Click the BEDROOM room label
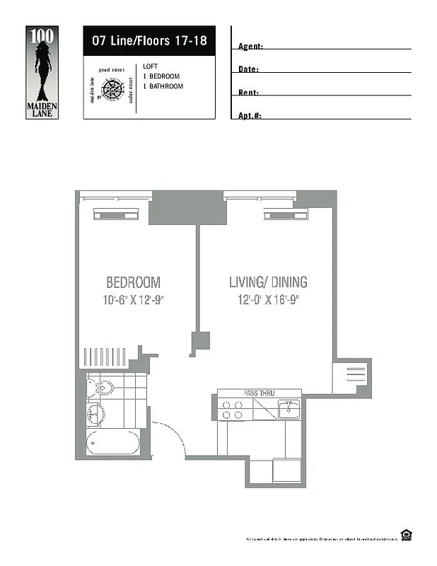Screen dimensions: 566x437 point(133,282)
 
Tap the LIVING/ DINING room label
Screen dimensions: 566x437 point(268,282)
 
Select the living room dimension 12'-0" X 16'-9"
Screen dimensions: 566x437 point(268,300)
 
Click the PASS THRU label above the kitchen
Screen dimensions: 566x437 point(259,393)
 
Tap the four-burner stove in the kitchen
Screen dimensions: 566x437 point(233,410)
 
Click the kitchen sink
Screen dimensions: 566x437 point(289,409)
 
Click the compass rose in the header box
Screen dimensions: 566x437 point(112,90)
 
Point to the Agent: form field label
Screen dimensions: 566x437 point(250,46)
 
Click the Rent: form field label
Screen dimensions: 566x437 point(248,93)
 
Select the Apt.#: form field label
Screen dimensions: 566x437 point(250,115)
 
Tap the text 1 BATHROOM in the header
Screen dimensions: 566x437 point(163,86)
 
